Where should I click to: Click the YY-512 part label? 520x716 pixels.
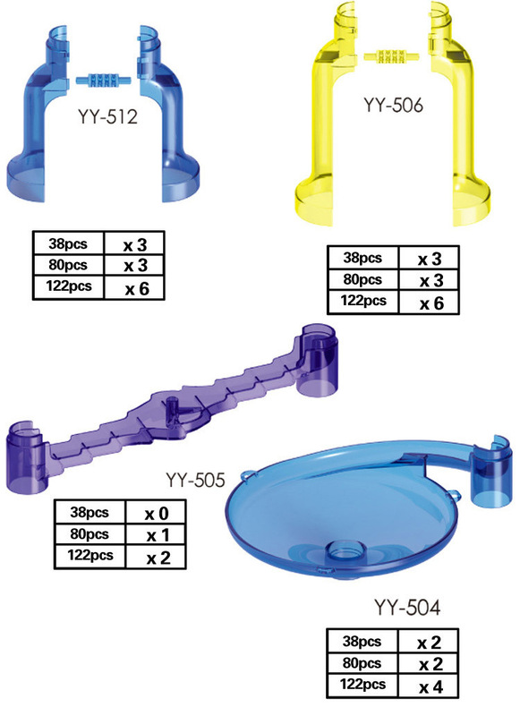pyautogui.click(x=107, y=117)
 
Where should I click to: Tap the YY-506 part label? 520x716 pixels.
pyautogui.click(x=393, y=105)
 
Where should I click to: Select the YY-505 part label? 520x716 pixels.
pyautogui.click(x=195, y=480)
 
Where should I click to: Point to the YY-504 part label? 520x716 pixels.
pyautogui.click(x=407, y=608)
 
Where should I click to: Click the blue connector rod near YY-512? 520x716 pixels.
pyautogui.click(x=103, y=81)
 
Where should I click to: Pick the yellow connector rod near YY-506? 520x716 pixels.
pyautogui.click(x=391, y=56)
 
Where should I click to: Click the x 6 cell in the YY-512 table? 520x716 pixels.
pyautogui.click(x=134, y=288)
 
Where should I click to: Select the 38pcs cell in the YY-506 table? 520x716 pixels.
pyautogui.click(x=363, y=258)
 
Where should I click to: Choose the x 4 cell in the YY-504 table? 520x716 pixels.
pyautogui.click(x=429, y=686)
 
